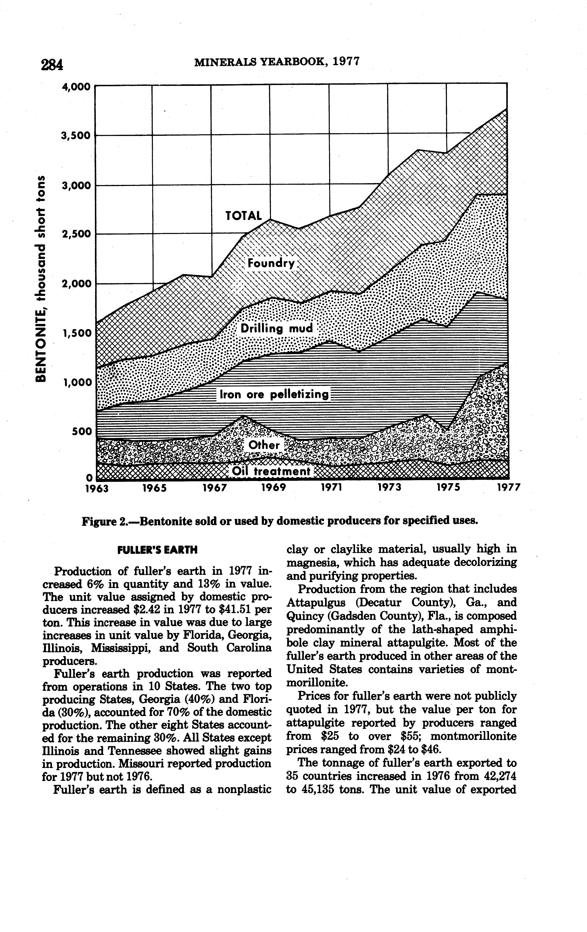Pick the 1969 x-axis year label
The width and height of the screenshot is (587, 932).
(x=273, y=488)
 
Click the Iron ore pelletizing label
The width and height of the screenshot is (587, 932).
(x=274, y=395)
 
